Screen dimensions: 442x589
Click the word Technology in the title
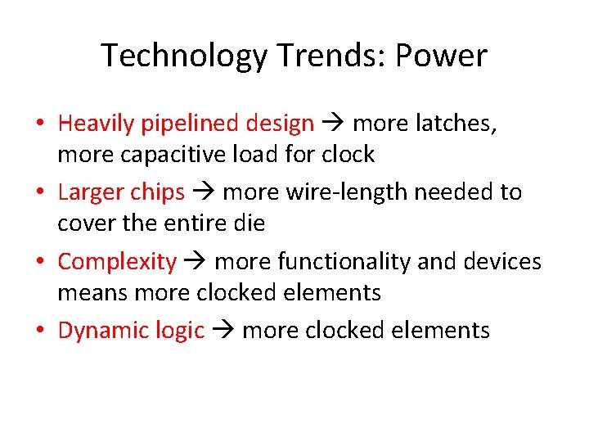pos(184,56)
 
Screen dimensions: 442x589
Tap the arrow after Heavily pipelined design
pos(333,124)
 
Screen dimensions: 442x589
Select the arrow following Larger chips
pos(204,193)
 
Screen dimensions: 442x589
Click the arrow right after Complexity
pos(196,262)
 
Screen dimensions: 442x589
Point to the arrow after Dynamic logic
pos(223,331)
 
